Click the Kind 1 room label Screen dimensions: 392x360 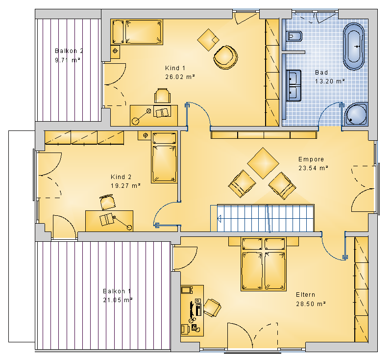tap(175, 68)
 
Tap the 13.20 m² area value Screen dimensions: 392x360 tap(329, 81)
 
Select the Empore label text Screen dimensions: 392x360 tap(311, 159)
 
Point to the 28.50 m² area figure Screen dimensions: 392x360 tap(311, 304)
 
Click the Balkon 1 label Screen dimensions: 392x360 tap(117, 291)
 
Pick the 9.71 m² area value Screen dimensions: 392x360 tap(67, 60)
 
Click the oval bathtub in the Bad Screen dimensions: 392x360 tap(354, 47)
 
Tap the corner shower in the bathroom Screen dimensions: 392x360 tap(356, 115)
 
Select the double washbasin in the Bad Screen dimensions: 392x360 tap(294, 85)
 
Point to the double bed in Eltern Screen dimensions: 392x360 tap(263, 264)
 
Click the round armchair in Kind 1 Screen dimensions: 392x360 tap(225, 57)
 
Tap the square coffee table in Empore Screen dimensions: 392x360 tap(263, 163)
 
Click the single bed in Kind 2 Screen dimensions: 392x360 tap(164, 157)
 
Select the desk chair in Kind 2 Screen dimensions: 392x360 tap(108, 202)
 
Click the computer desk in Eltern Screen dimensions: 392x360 tap(192, 310)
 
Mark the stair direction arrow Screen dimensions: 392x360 tap(219, 219)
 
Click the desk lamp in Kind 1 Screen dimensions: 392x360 tap(142, 116)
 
